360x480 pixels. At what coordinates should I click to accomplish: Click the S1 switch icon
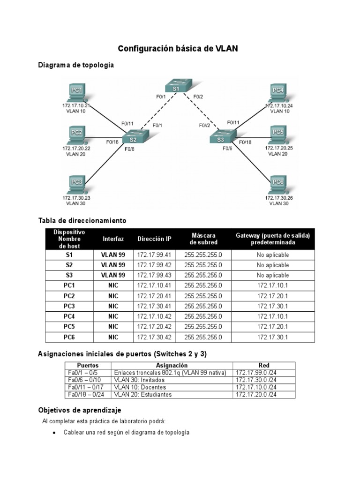[x=176, y=87]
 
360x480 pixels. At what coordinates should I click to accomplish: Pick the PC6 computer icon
[x=278, y=184]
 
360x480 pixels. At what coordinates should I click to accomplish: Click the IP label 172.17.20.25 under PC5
[x=280, y=148]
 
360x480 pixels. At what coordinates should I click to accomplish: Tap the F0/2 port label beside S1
[x=198, y=97]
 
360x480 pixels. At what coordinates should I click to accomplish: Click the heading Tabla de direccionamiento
[x=82, y=220]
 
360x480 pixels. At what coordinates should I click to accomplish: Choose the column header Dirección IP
[x=154, y=239]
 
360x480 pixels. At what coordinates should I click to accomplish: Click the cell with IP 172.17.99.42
[x=154, y=265]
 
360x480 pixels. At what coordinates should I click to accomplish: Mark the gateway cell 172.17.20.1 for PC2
[x=273, y=296]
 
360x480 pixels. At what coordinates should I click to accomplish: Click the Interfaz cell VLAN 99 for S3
[x=113, y=276]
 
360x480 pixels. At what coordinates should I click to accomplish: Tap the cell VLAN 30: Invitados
[x=140, y=380]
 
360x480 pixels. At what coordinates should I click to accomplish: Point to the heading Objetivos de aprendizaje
[x=79, y=410]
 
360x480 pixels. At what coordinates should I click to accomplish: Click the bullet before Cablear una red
[x=55, y=433]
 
